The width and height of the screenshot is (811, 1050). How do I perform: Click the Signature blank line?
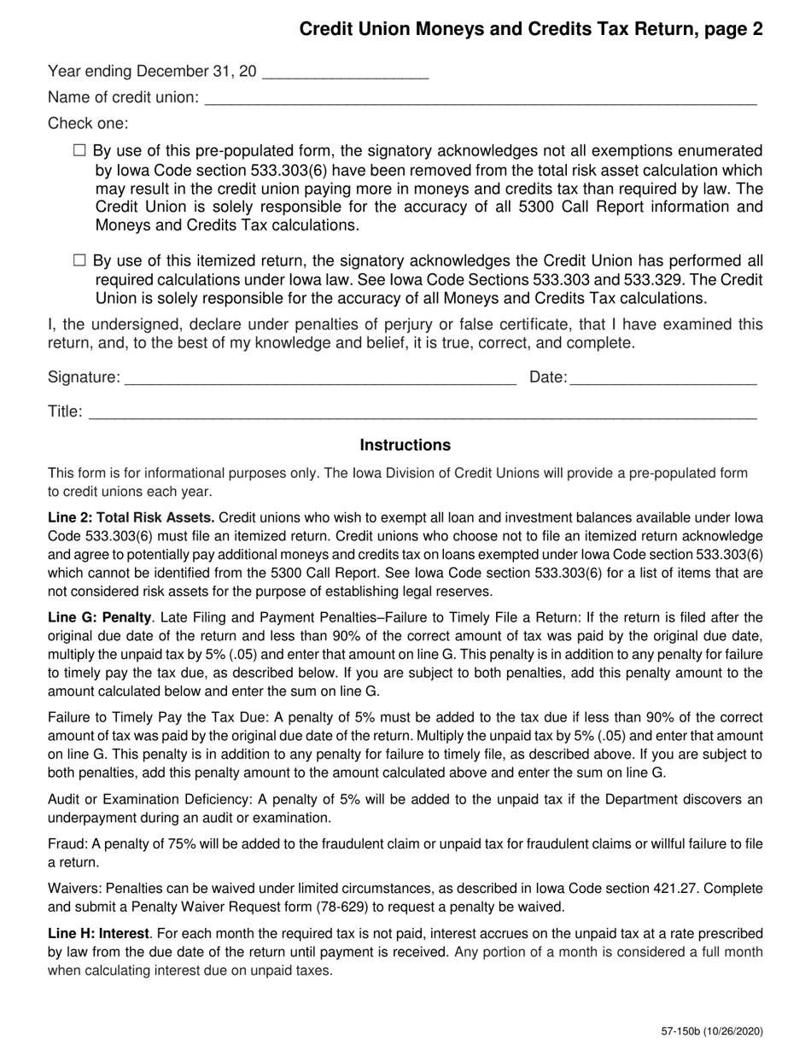[320, 377]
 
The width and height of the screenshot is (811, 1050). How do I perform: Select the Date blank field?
[662, 377]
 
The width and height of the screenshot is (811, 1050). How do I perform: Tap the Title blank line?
[423, 412]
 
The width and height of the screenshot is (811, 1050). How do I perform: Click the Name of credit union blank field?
[481, 97]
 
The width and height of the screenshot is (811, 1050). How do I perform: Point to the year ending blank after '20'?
[345, 73]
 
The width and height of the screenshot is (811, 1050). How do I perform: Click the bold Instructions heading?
[405, 445]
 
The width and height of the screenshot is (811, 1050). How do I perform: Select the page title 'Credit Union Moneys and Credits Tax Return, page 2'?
[531, 30]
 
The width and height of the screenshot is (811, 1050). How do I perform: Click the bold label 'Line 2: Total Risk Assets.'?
[131, 517]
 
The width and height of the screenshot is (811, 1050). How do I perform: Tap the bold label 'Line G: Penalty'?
[100, 617]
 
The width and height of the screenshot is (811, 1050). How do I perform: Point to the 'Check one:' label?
[88, 123]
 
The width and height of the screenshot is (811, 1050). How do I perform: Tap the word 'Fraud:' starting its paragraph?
[67, 844]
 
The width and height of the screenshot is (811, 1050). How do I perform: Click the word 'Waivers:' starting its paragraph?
[74, 889]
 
